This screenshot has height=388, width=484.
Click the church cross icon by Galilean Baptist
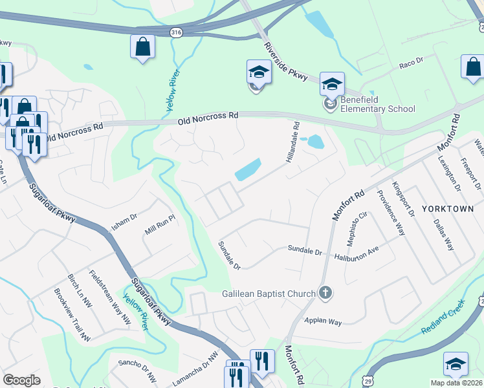(x=325, y=294)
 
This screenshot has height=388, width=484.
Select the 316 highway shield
(x=175, y=32)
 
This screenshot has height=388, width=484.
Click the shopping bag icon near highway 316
(x=142, y=47)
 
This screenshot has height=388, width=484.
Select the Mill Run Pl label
(x=160, y=224)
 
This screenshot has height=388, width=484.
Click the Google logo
(x=21, y=380)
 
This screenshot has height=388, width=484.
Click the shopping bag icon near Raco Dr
(x=473, y=67)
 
